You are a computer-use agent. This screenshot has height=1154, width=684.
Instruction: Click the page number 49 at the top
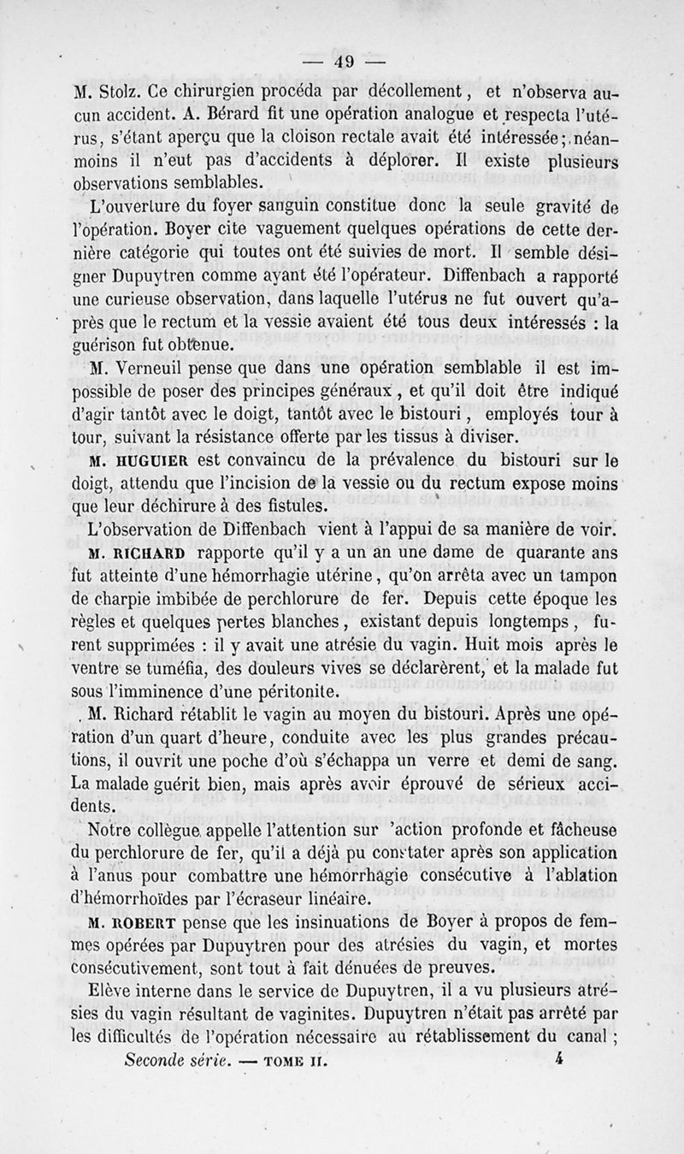345,60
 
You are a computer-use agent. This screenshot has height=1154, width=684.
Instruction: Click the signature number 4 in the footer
557,1058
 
